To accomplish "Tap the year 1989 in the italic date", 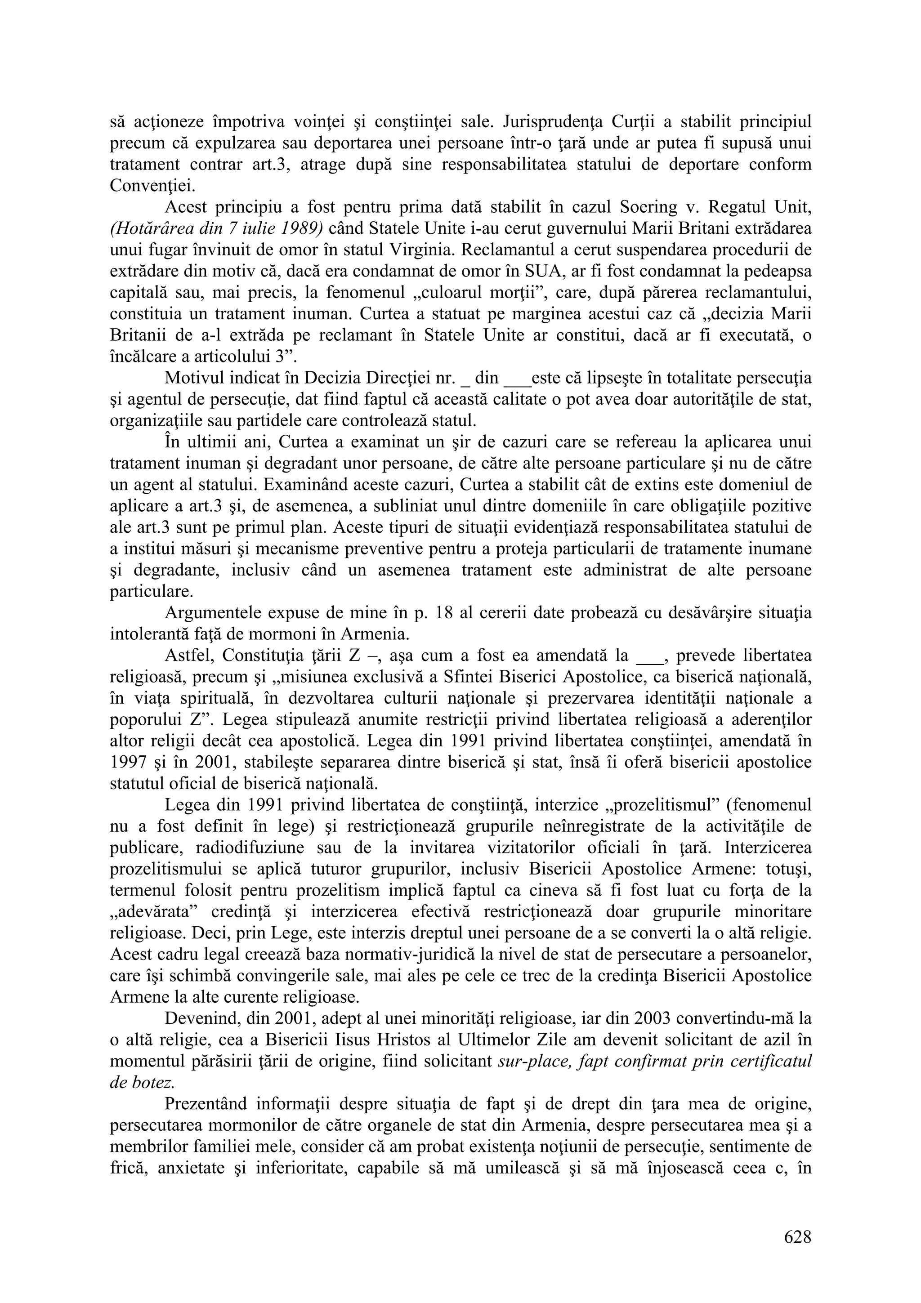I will pyautogui.click(x=304, y=229).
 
